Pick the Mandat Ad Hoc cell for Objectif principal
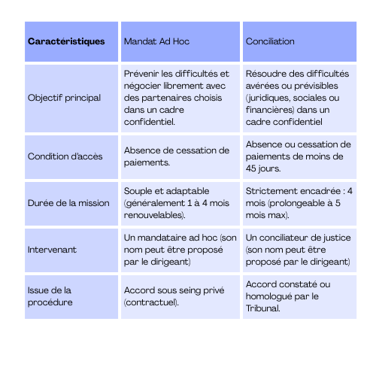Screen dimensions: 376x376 [x=179, y=98]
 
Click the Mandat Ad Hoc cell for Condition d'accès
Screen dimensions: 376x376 [x=179, y=156]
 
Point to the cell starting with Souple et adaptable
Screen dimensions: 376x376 [x=179, y=203]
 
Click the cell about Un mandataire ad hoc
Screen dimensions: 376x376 [x=179, y=250]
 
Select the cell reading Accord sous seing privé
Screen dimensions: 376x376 [x=179, y=296]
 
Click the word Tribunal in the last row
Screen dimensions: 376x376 [x=262, y=308]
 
